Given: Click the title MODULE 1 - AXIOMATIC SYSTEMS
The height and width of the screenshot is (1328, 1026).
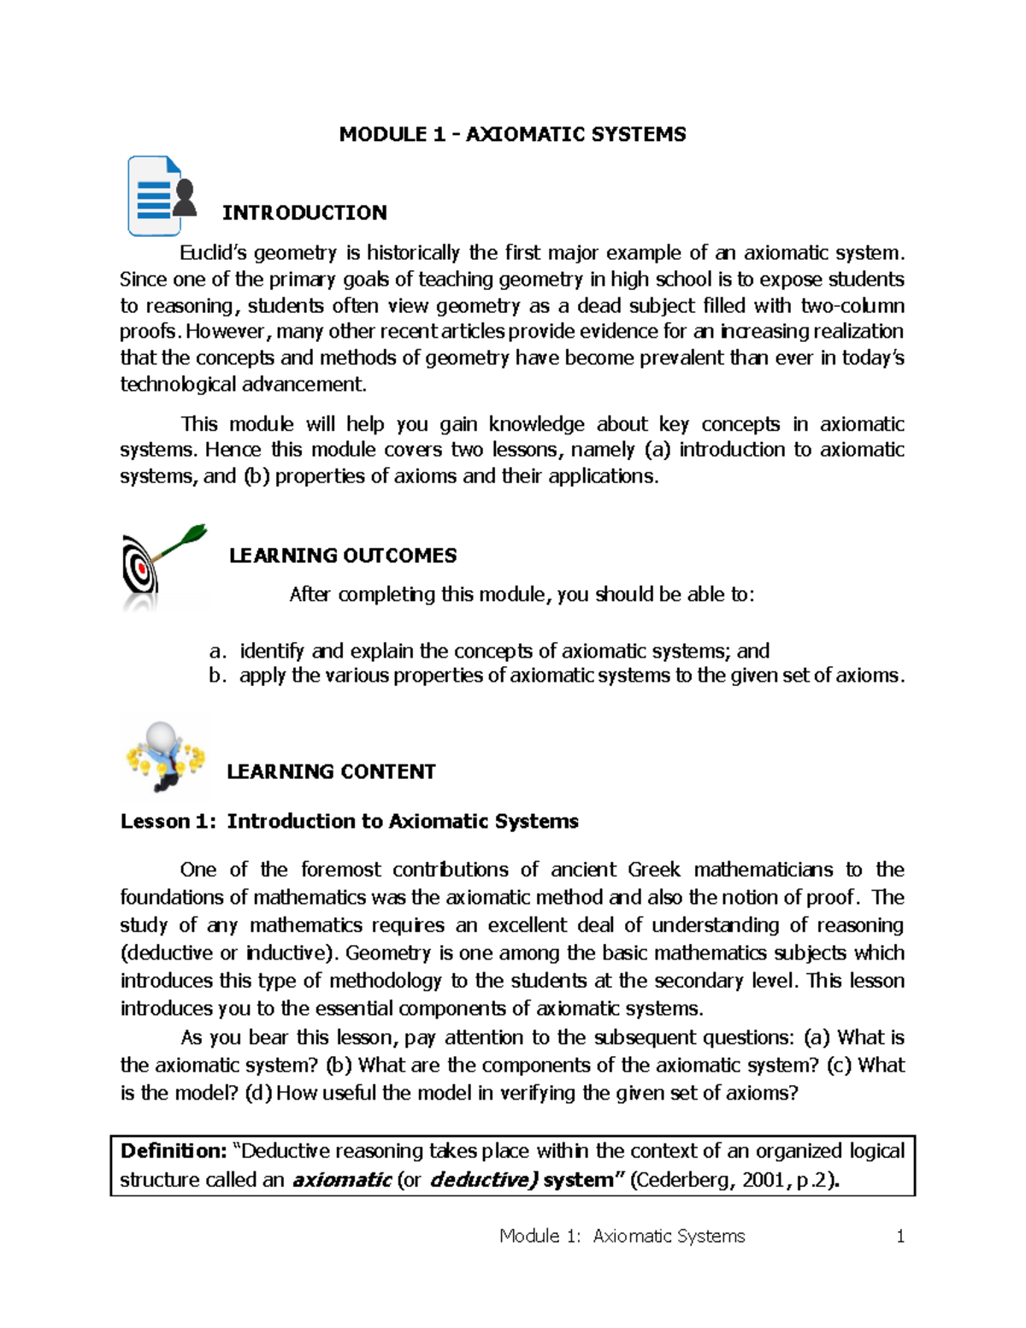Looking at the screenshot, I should pos(512,134).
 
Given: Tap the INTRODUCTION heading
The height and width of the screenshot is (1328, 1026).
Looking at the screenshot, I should pos(304,213).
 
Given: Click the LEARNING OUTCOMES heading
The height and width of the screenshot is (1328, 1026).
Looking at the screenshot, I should pos(343,556).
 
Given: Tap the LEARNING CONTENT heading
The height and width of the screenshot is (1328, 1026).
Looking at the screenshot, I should pos(331,772).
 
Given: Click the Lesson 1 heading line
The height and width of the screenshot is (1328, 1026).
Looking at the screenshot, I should pos(349,822).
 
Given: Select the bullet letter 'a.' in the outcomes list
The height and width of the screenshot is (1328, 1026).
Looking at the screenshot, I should pos(218,652).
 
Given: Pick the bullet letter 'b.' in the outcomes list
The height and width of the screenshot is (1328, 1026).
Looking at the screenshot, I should pos(218,676).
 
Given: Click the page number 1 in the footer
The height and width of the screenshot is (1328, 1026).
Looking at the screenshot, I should pos(899,1237).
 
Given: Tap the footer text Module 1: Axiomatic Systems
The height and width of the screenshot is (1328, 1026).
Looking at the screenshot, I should pos(622,1237).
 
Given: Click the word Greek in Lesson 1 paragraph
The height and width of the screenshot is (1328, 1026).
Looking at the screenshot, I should pos(654,871).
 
